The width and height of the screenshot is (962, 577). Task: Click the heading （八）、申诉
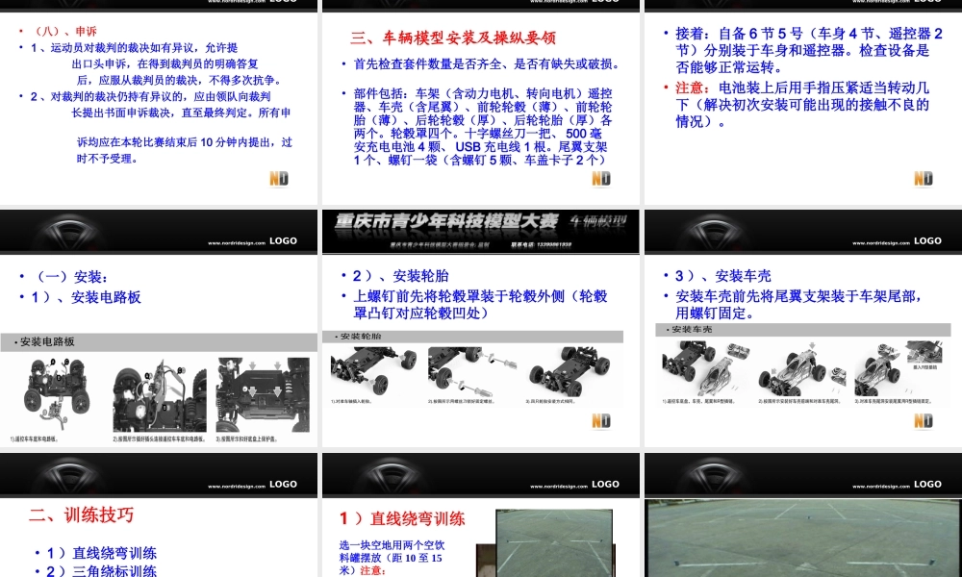pyautogui.click(x=65, y=31)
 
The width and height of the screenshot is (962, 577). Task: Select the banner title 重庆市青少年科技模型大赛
pyautogui.click(x=446, y=221)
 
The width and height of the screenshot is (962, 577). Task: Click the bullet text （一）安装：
pyautogui.click(x=72, y=277)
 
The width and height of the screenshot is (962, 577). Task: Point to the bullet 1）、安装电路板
pyautogui.click(x=87, y=297)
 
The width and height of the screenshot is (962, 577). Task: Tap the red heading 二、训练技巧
pyautogui.click(x=81, y=514)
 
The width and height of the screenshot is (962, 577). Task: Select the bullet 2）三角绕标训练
pyautogui.click(x=101, y=570)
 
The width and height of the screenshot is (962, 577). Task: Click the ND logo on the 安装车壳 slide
pyautogui.click(x=923, y=420)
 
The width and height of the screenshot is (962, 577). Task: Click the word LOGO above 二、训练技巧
pyautogui.click(x=283, y=484)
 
